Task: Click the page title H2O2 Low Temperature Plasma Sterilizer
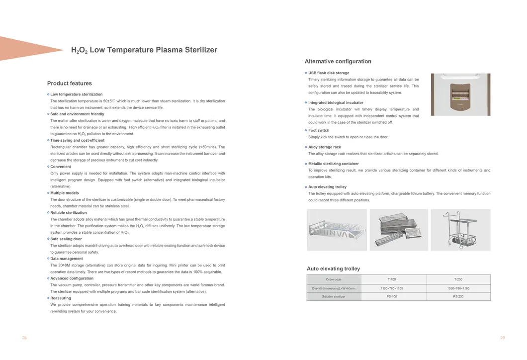click(x=144, y=50)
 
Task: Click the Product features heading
click(x=69, y=84)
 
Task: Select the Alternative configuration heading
click(x=338, y=62)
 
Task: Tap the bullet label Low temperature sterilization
click(x=77, y=94)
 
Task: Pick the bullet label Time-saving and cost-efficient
click(x=78, y=141)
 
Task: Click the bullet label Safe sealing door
click(x=66, y=239)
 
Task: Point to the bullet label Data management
click(x=67, y=259)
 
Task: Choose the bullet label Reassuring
click(x=61, y=298)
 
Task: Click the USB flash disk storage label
click(x=329, y=73)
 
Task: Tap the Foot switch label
click(x=319, y=131)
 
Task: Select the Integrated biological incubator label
click(x=336, y=103)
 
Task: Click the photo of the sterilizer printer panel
click(x=460, y=94)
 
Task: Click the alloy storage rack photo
click(x=337, y=229)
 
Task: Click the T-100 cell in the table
click(x=392, y=279)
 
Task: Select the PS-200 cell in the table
click(x=458, y=297)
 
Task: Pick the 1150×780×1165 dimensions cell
click(x=392, y=288)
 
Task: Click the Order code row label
click(x=334, y=279)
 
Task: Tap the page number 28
click(x=24, y=338)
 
